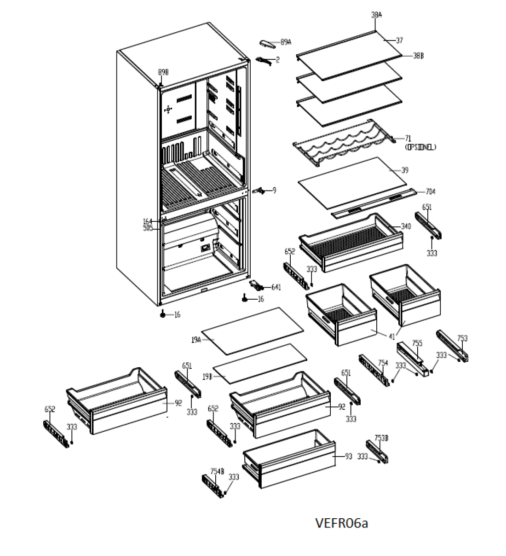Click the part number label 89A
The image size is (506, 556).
click(x=286, y=42)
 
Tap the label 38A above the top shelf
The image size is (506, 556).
click(x=376, y=15)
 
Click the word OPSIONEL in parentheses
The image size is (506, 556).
click(x=420, y=147)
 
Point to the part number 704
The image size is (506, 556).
click(x=431, y=191)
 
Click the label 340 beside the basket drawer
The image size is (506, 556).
click(x=405, y=226)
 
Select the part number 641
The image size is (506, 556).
click(x=276, y=287)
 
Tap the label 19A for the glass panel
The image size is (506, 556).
click(x=196, y=340)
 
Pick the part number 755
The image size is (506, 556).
click(x=417, y=343)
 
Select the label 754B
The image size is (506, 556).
click(x=217, y=471)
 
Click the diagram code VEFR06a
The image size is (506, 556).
click(x=341, y=523)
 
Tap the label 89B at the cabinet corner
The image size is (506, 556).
click(x=163, y=72)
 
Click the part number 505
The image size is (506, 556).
click(x=148, y=228)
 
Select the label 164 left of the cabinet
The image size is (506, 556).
click(x=148, y=221)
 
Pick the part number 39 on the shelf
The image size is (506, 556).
click(x=405, y=170)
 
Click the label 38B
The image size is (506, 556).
click(x=418, y=56)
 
